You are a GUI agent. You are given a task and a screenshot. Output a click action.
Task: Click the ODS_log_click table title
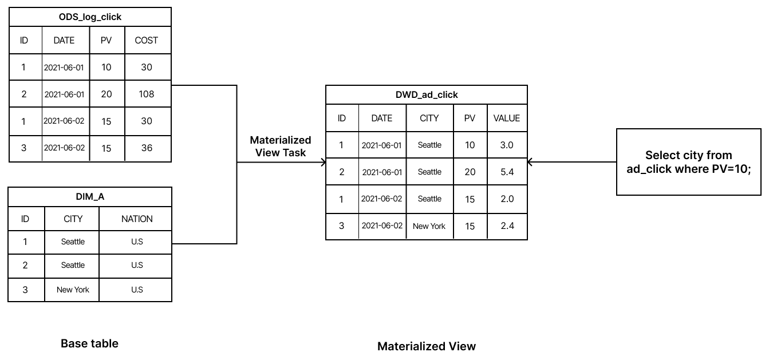[90, 17]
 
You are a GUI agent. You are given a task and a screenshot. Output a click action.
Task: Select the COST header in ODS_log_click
[146, 40]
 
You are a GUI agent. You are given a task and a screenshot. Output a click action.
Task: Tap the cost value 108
[147, 94]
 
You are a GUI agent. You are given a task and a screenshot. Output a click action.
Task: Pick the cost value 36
[147, 148]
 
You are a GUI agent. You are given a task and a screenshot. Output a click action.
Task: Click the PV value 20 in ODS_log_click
[107, 94]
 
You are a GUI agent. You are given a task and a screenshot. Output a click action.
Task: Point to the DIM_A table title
[90, 197]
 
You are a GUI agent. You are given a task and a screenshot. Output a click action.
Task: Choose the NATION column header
[137, 219]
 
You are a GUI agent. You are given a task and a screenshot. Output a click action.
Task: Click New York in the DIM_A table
[73, 290]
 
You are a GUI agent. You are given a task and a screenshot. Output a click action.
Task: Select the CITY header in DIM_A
[73, 219]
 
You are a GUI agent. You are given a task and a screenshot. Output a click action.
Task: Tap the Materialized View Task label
[281, 146]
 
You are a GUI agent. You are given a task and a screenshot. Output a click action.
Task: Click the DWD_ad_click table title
[427, 94]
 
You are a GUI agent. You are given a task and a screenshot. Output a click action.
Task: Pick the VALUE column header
[507, 118]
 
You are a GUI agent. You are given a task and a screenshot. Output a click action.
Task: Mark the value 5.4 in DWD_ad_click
[507, 172]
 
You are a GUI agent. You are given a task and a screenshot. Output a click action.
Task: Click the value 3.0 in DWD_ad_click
[507, 145]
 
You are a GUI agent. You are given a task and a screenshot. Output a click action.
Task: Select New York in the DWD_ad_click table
[429, 226]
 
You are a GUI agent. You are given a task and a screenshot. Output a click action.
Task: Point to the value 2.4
[507, 226]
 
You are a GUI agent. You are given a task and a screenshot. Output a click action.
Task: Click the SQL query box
[688, 162]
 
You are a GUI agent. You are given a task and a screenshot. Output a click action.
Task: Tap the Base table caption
[89, 343]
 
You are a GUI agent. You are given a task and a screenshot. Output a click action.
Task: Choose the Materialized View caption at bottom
[426, 346]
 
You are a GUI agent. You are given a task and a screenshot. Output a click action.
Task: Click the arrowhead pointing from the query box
[530, 162]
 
